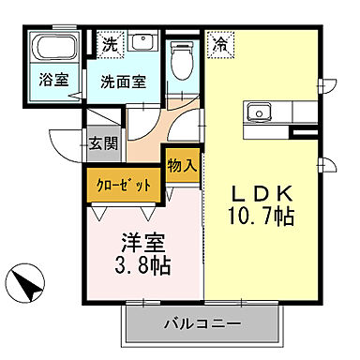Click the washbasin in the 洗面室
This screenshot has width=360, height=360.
coord(142,42)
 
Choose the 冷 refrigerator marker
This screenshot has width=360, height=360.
coord(220,42)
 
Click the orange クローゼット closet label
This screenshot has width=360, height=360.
coord(124,184)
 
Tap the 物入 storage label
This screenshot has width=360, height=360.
coord(182,166)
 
